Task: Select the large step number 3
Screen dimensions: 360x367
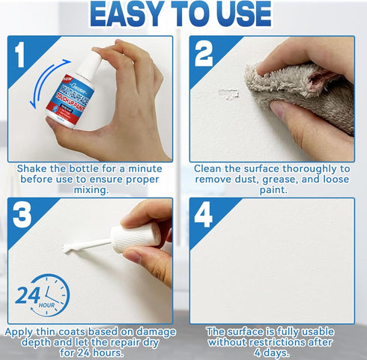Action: point(22,214)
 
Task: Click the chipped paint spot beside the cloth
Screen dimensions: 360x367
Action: point(227,94)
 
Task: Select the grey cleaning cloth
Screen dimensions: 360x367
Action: point(296,86)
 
